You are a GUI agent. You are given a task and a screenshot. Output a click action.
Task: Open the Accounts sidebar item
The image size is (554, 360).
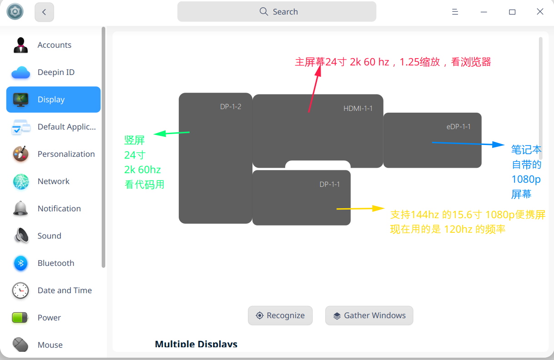(54, 45)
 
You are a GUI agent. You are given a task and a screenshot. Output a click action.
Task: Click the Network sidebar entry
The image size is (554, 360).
(54, 181)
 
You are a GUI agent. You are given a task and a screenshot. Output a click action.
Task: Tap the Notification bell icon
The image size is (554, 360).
(20, 209)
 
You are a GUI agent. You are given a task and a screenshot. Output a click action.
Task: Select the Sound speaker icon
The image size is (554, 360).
(20, 236)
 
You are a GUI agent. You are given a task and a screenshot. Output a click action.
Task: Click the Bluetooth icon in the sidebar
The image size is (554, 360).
(20, 263)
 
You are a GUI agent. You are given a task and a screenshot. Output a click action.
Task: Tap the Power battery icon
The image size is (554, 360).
(20, 318)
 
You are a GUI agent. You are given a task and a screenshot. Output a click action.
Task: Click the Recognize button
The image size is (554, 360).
(280, 315)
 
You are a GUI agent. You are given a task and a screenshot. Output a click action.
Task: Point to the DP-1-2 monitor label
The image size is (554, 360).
(231, 107)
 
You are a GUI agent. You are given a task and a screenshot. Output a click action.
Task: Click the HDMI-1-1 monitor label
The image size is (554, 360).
(358, 108)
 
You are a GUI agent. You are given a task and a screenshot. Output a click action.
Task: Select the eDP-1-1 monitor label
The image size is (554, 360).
(458, 126)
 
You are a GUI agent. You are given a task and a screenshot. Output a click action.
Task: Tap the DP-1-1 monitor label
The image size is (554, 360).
(330, 184)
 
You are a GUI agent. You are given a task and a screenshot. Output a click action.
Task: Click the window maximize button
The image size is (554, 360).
(512, 12)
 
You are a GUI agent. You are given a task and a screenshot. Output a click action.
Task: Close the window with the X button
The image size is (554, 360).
(540, 12)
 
